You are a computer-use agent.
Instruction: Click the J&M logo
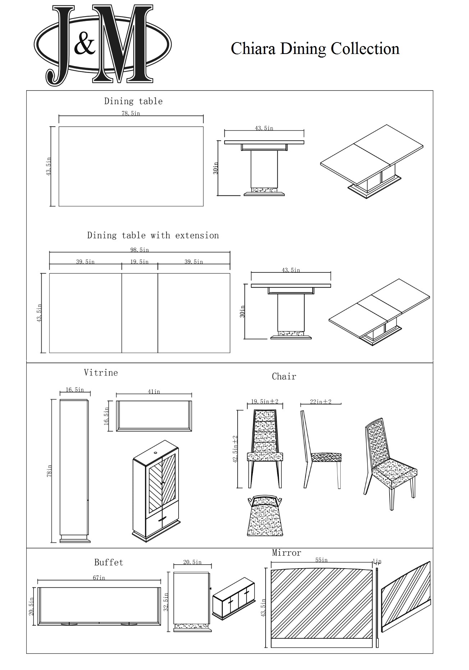pyautogui.click(x=102, y=46)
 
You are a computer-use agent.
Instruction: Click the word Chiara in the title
pyautogui.click(x=254, y=49)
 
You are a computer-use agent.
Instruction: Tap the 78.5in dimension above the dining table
pyautogui.click(x=131, y=113)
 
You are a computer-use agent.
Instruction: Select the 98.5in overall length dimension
pyautogui.click(x=139, y=250)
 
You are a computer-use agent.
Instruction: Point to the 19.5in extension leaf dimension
pyautogui.click(x=139, y=262)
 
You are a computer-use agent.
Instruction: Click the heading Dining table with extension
pyautogui.click(x=153, y=235)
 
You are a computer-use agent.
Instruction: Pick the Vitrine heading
pyautogui.click(x=101, y=372)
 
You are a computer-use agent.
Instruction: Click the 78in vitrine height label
pyautogui.click(x=49, y=471)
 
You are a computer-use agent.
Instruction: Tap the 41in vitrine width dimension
pyautogui.click(x=154, y=391)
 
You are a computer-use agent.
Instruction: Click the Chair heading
pyautogui.click(x=284, y=376)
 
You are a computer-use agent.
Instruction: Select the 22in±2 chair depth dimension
pyautogui.click(x=321, y=402)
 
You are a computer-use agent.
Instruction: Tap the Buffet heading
pyautogui.click(x=109, y=562)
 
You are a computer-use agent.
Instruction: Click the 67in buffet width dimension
pyautogui.click(x=99, y=578)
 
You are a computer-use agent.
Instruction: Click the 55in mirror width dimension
pyautogui.click(x=321, y=560)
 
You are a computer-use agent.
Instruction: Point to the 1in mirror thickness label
pyautogui.click(x=377, y=561)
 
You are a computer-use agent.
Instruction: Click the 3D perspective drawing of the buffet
pyautogui.click(x=234, y=600)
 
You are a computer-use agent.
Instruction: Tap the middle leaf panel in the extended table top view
pyautogui.click(x=139, y=313)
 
